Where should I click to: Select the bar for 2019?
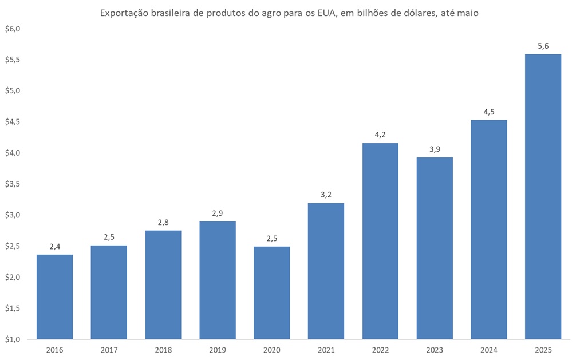point(218,280)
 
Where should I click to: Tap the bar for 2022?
point(380,240)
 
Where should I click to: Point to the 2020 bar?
point(272,292)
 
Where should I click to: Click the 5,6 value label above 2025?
point(543,46)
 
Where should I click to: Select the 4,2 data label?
point(380,135)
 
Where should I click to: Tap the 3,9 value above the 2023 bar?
point(435,149)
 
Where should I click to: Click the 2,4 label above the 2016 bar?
point(54,247)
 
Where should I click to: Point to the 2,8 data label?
point(163,223)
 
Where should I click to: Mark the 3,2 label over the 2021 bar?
point(326,195)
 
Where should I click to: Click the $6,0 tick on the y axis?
point(12,29)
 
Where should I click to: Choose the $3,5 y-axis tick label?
point(12,184)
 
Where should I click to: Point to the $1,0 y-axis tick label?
point(12,339)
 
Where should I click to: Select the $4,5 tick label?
point(12,122)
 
